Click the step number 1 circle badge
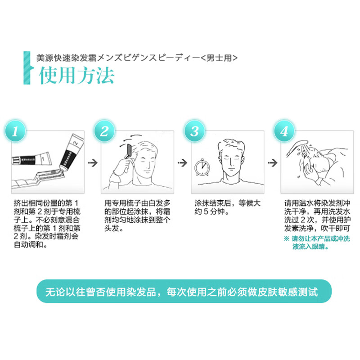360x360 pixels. pos(15,131)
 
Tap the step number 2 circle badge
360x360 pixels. pos(104,131)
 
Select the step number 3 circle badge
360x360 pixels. pos(195,131)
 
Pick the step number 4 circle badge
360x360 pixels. pos(284,131)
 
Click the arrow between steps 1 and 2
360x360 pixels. pos(93,163)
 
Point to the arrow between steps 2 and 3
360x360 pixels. pos(183,163)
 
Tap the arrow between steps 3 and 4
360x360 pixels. pos(273,163)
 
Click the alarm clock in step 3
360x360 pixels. pos(202,167)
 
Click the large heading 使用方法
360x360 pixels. pos(76,76)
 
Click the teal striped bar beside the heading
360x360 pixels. pos(27,68)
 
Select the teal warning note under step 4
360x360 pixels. pos(317,243)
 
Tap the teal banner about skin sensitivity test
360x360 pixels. pos(184,291)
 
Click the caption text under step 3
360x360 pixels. pos(227,207)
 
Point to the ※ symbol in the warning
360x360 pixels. pos(287,239)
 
